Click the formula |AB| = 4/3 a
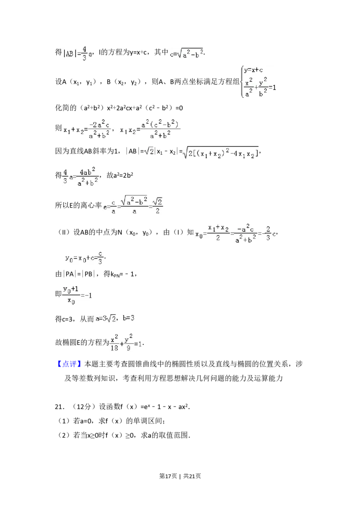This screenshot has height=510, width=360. coord(77,54)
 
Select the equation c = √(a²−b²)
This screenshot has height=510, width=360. coord(185,54)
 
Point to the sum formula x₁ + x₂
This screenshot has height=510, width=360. coord(88,128)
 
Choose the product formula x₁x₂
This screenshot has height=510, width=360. coord(151,128)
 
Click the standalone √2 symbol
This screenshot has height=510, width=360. coord(149,152)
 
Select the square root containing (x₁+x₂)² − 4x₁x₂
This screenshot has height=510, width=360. coord(220,153)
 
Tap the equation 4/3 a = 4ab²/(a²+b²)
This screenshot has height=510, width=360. coord(81,176)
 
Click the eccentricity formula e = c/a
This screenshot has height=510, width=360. coord(133,205)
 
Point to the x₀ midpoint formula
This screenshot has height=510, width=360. coord(234,232)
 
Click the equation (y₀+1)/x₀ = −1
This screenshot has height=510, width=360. coord(77,293)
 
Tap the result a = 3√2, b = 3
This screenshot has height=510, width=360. coord(115,319)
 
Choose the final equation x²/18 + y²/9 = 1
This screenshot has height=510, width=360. coord(126,343)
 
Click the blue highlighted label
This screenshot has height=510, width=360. coord(70,364)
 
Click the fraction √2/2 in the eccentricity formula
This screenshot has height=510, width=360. coord(158,205)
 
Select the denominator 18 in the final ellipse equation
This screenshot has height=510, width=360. coord(114,348)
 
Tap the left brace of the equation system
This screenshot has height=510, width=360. coord(241,83)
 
